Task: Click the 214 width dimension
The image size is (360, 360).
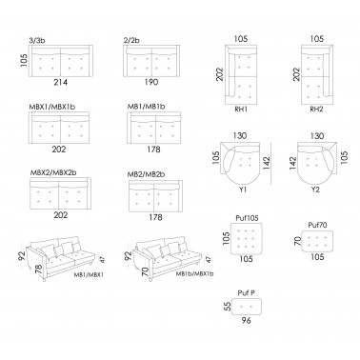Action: pos(61,83)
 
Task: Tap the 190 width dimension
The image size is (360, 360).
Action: pos(151,82)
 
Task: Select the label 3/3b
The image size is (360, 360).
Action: pos(36,40)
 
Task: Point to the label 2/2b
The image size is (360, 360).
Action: pos(131,40)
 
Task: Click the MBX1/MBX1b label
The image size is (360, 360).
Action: pos(52,107)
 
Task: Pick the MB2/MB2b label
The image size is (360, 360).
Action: pos(146,174)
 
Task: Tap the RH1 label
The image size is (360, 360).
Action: pos(241,110)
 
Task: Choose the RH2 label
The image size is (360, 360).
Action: pos(316,110)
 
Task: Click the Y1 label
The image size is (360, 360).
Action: pos(243,190)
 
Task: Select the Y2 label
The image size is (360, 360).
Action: pos(315,190)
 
